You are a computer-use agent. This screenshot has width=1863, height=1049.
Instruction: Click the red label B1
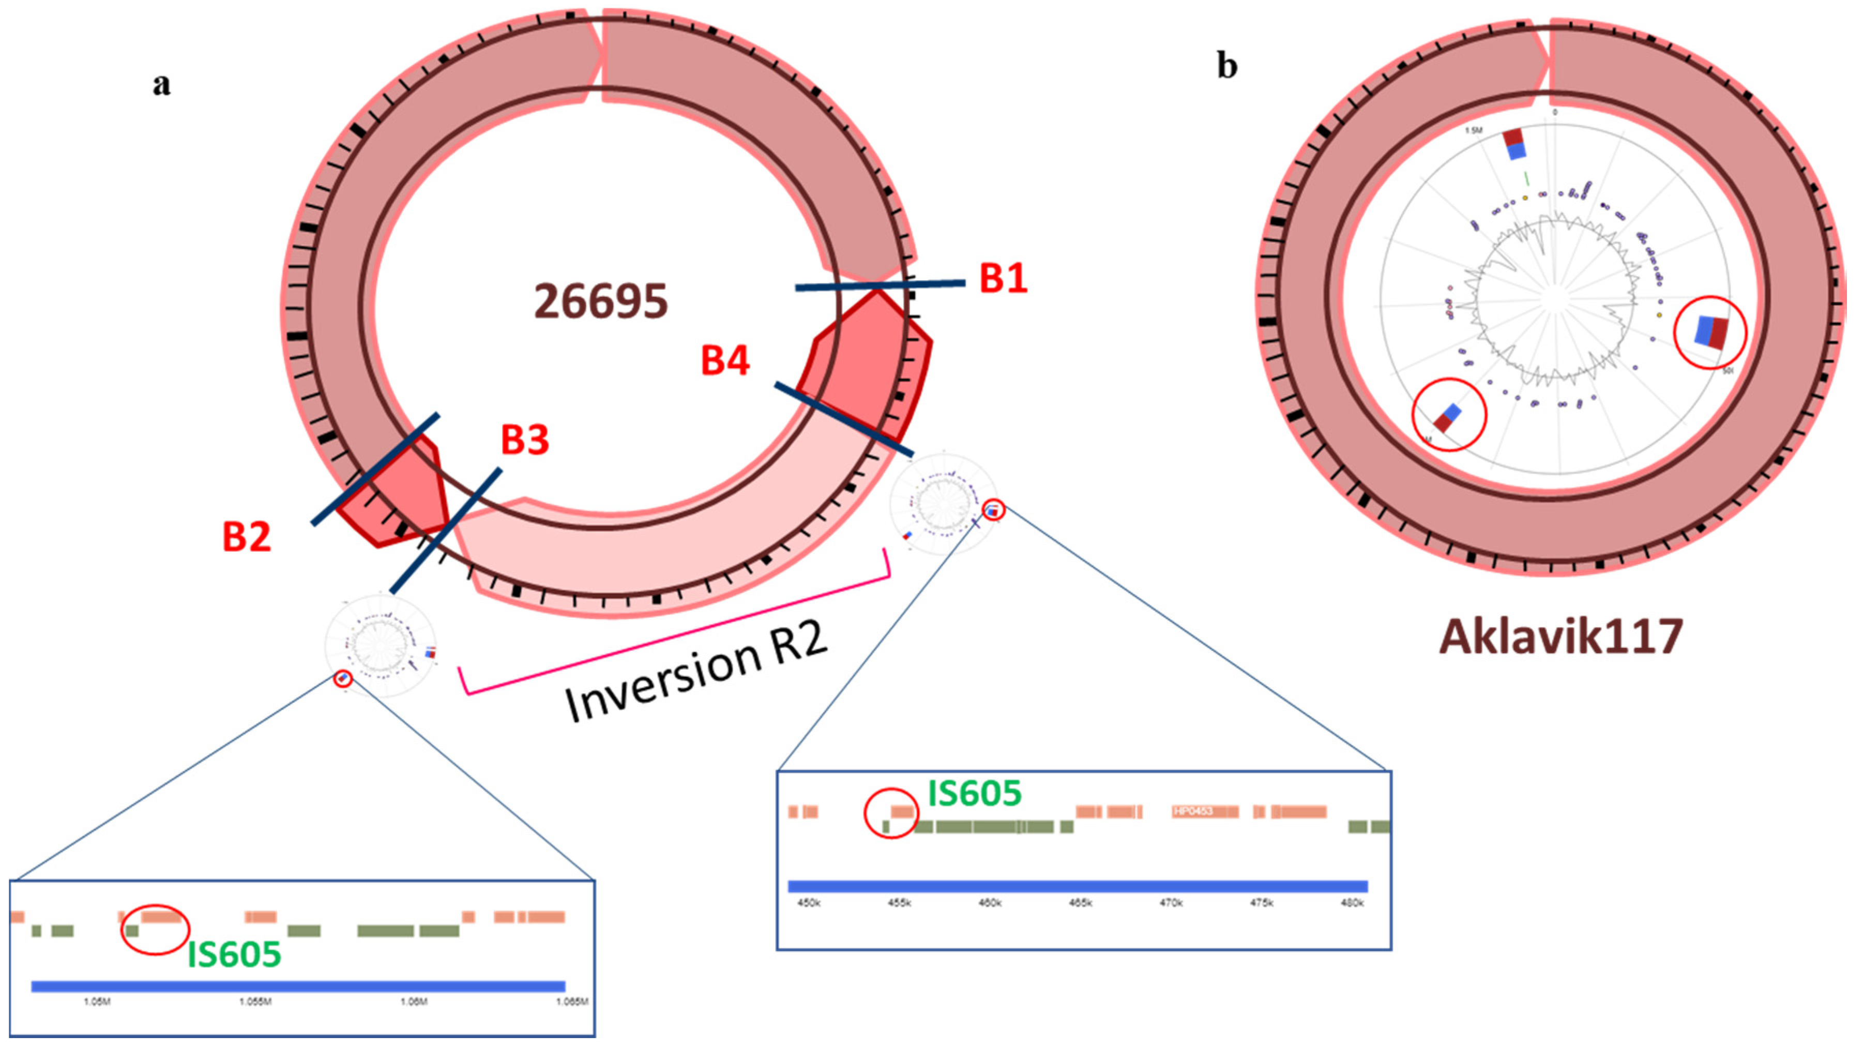[x=1003, y=278]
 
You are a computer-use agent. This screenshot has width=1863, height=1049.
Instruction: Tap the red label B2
[x=246, y=537]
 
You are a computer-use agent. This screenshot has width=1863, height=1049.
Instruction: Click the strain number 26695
[x=600, y=301]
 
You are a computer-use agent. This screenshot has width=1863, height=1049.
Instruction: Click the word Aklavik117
[x=1561, y=637]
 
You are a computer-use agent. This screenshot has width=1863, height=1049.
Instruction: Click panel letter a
[x=161, y=84]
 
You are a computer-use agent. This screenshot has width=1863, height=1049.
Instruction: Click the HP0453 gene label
[x=1192, y=811]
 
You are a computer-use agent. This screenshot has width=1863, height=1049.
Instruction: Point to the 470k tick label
[x=1171, y=903]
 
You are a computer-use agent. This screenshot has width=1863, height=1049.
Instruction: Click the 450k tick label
[x=809, y=903]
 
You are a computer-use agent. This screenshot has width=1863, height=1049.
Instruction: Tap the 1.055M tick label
[x=255, y=1002]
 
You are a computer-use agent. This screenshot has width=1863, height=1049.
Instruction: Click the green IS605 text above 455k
[x=974, y=794]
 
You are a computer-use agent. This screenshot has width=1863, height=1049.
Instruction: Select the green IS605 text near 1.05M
[x=234, y=955]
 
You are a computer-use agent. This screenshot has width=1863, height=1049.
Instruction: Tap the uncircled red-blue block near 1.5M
[x=1514, y=144]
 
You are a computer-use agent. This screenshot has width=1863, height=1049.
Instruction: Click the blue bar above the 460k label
[x=989, y=886]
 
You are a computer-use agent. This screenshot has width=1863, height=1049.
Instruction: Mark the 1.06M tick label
[x=414, y=1002]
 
